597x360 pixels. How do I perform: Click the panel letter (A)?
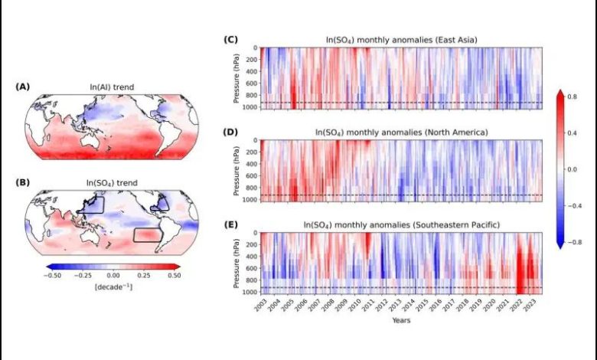coord(23,87)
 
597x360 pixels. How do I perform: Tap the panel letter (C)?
coord(229,39)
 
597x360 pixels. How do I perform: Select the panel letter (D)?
coord(229,132)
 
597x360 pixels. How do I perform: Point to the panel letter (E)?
coord(229,224)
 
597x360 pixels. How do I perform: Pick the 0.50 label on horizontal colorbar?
coord(173,275)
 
